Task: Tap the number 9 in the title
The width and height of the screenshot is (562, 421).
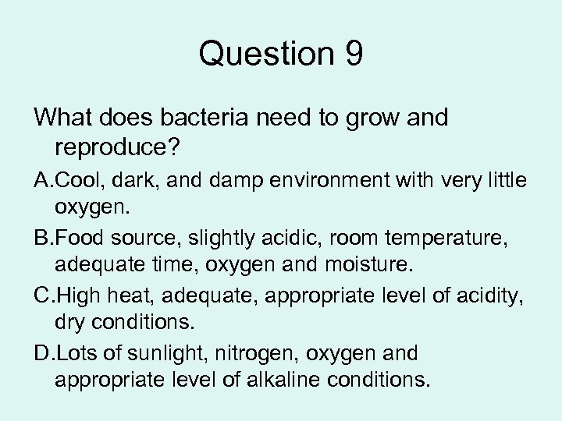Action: pyautogui.click(x=352, y=55)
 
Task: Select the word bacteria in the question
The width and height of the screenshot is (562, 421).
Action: pyautogui.click(x=198, y=119)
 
